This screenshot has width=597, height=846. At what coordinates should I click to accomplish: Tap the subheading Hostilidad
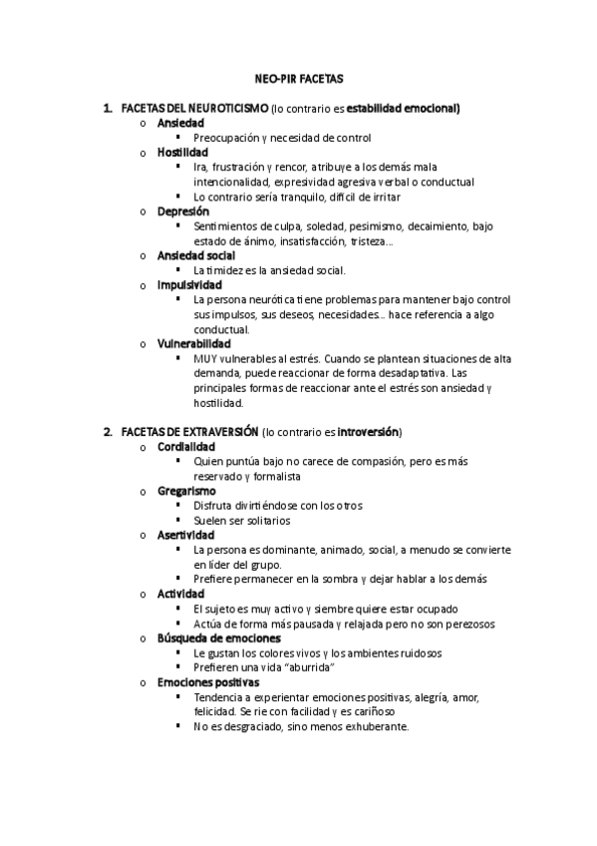[x=181, y=153]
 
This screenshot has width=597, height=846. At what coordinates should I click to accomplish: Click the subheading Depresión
[x=183, y=211]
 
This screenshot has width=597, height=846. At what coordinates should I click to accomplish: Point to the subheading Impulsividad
[x=189, y=284]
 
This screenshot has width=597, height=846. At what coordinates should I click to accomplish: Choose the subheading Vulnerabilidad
[x=193, y=343]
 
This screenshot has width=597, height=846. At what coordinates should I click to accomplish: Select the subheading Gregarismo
[x=186, y=491]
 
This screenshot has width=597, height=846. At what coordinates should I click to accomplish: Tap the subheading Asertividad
[x=185, y=535]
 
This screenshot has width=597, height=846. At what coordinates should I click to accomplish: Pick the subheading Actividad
[x=180, y=594]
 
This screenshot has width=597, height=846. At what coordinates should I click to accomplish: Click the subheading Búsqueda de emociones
[x=218, y=637]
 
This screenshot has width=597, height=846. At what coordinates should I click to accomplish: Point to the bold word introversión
[x=368, y=432]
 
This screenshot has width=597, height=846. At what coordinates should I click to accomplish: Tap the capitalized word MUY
[x=204, y=358]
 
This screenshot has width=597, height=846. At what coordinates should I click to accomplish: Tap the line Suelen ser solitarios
[x=242, y=520]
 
